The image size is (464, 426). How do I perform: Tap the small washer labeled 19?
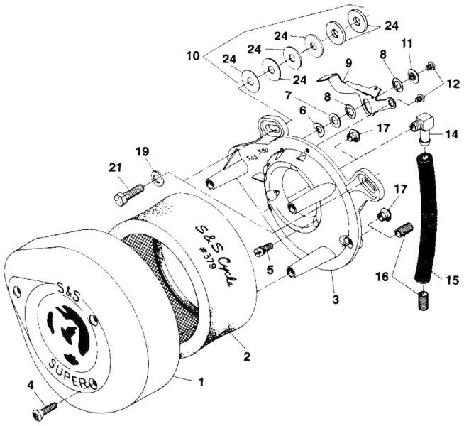click(x=156, y=174)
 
